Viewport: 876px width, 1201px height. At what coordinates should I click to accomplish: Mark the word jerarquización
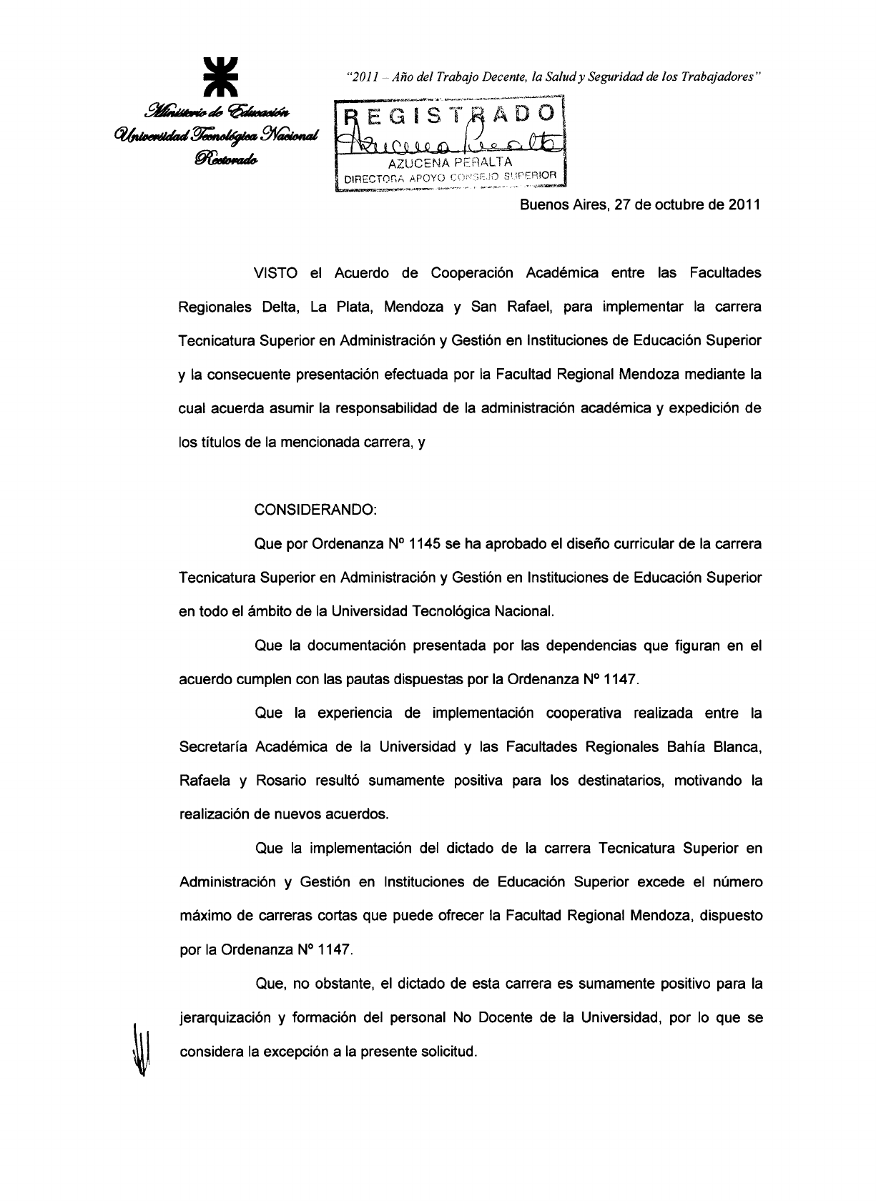click(224, 1018)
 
